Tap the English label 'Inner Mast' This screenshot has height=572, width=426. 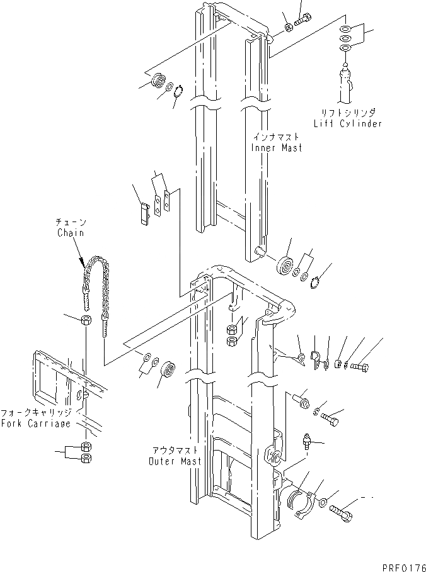[277, 147]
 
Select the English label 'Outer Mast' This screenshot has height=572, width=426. [175, 461]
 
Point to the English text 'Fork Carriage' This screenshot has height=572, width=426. [37, 423]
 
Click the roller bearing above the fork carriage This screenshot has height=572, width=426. [169, 369]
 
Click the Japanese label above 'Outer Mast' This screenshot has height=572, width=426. [175, 451]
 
